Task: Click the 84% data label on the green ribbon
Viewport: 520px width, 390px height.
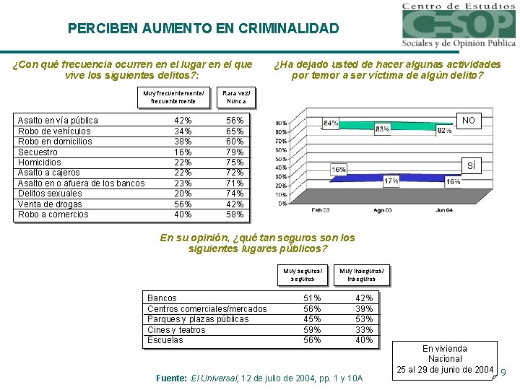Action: point(331,123)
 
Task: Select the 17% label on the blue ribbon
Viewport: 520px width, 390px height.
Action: point(391,181)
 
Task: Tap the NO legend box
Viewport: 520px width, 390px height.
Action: point(469,121)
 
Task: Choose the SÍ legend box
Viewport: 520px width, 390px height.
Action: point(471,166)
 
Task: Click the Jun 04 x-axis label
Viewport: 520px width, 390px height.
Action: point(445,210)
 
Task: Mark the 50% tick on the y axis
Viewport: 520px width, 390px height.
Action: point(280,159)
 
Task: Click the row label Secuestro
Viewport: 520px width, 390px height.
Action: point(38,152)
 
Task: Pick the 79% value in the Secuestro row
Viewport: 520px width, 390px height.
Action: point(235,152)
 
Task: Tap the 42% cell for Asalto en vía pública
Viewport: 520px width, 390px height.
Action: point(183,121)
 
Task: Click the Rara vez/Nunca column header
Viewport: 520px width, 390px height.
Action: point(236,97)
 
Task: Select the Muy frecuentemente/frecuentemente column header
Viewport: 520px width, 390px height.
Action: point(173,97)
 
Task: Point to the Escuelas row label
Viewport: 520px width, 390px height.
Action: point(165,340)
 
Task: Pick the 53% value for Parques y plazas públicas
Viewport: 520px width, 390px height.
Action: point(365,319)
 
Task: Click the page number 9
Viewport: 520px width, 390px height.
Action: point(503,373)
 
